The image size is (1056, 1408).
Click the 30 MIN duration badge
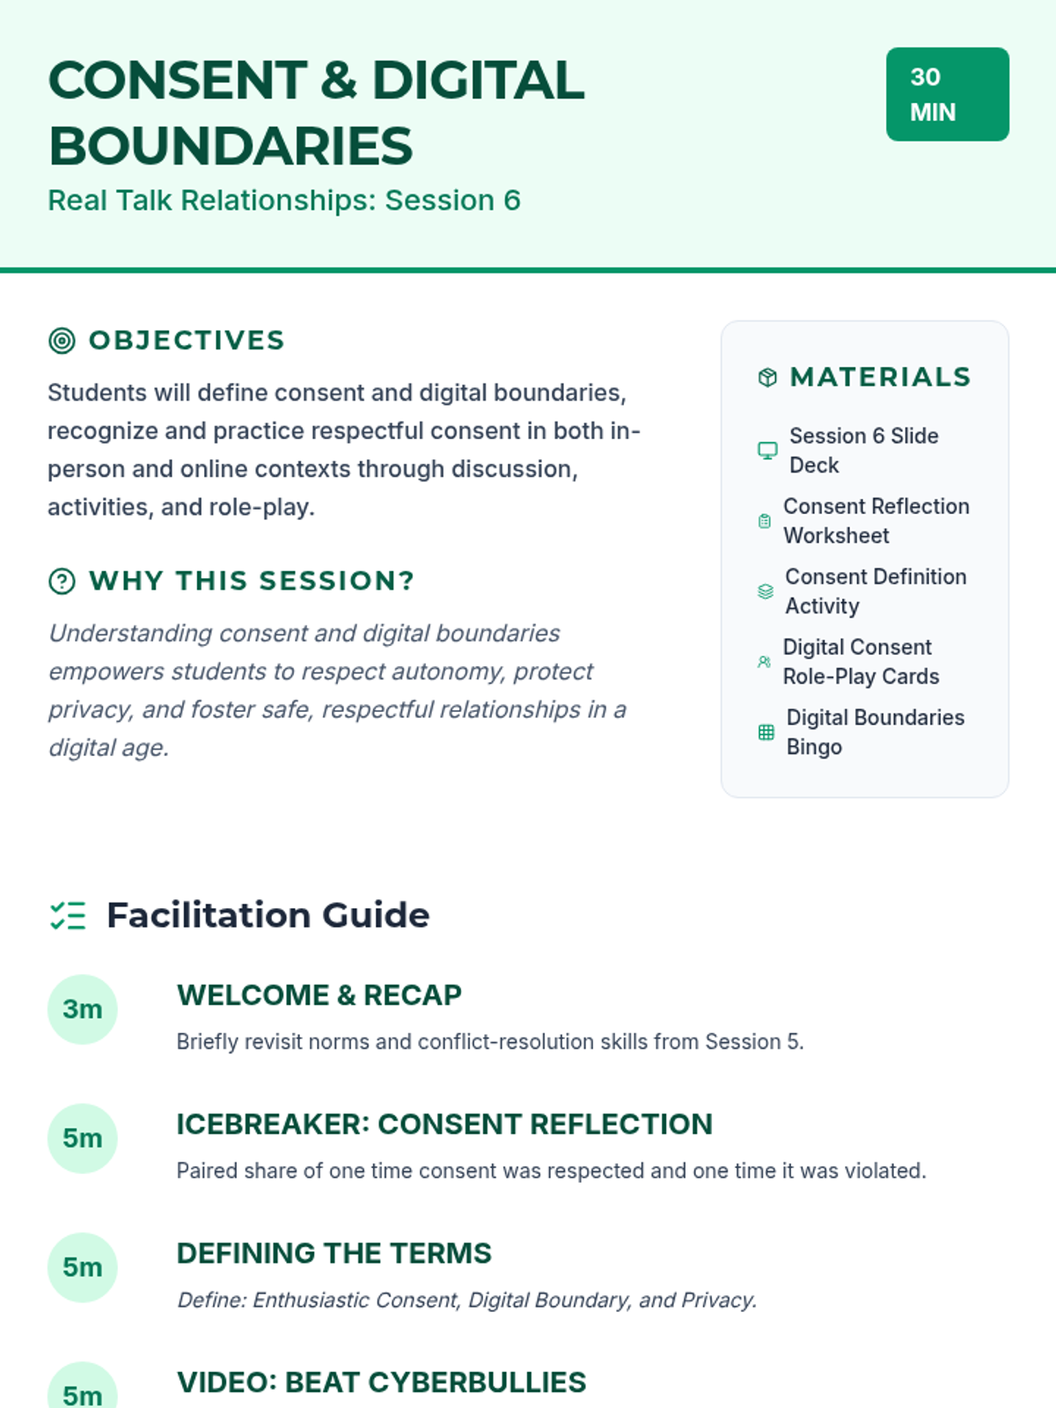947,94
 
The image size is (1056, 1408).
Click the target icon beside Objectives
62,341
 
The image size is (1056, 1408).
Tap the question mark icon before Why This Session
62,581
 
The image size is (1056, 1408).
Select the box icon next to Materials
767,378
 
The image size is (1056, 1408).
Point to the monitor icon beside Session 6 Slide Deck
767,451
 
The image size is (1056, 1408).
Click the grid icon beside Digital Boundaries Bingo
766,732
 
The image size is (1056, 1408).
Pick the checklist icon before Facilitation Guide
68,915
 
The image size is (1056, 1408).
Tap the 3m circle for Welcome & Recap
82,1009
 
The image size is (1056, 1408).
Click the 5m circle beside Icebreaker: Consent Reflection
82,1139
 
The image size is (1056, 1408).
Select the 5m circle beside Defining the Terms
82,1267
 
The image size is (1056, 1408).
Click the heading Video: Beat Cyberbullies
381,1382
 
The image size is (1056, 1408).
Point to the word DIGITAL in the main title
478,81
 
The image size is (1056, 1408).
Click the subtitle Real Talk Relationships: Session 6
284,201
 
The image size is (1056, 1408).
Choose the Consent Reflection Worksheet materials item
876,521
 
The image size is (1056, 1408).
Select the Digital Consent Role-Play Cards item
861,662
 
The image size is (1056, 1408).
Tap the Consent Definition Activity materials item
875,591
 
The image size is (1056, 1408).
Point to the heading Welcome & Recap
319,995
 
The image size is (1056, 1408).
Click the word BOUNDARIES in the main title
231,146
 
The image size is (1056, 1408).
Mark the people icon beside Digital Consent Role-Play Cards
764,662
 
